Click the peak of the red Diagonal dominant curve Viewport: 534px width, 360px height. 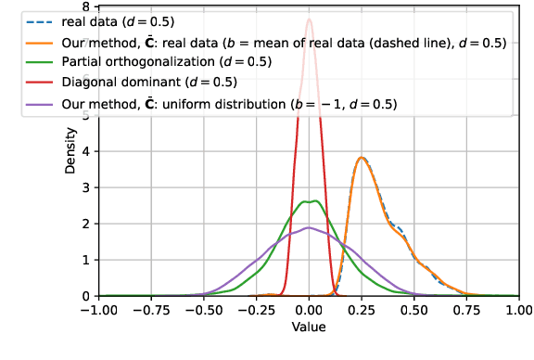tap(310, 19)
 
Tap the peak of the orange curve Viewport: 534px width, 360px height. tap(362, 158)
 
